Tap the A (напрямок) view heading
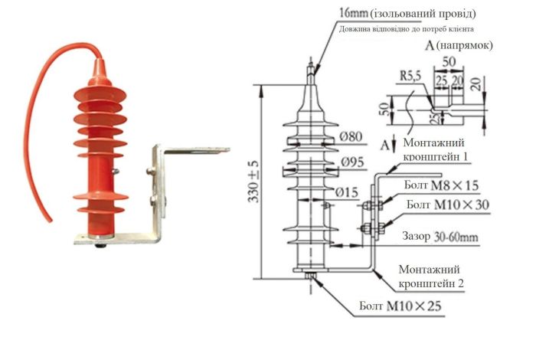coord(458,45)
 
